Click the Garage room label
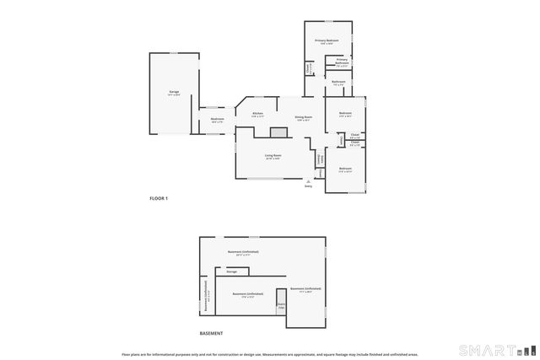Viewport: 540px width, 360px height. point(173,92)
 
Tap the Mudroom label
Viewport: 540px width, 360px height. point(218,121)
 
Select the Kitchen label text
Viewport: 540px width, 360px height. point(257,114)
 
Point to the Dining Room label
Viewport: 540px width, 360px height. point(304,118)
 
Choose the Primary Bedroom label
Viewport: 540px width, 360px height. point(327,41)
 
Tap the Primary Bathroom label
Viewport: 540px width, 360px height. point(342,62)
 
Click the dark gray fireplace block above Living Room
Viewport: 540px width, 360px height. point(278,132)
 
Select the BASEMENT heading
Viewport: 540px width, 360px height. point(211,333)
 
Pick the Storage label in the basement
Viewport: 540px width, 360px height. point(231,271)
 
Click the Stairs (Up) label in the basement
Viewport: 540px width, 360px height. point(281,306)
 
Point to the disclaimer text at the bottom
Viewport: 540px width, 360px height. point(269,355)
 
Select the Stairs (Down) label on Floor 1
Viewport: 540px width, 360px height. point(321,159)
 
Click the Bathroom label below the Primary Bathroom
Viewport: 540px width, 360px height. point(337,83)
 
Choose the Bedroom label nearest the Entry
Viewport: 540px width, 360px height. point(345,169)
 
